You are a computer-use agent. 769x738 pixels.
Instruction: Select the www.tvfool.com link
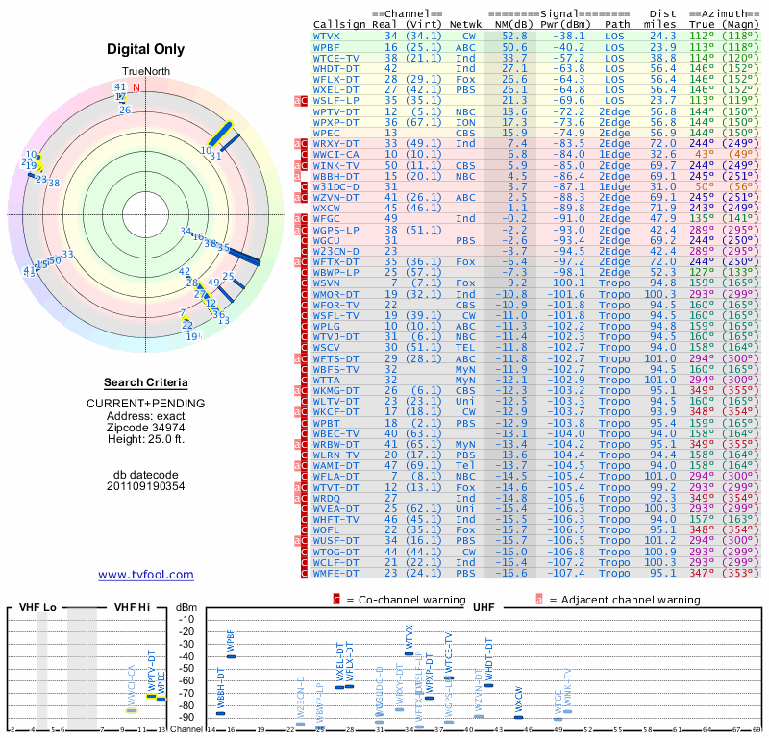click(145, 575)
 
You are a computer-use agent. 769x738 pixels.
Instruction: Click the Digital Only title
click(145, 49)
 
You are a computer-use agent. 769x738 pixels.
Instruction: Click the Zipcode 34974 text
click(145, 428)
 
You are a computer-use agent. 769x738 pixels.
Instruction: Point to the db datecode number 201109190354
click(145, 485)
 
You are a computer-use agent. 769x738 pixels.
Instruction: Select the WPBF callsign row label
click(327, 46)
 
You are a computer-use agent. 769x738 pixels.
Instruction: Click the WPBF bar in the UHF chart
click(231, 656)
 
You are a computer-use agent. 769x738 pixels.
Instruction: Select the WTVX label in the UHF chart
click(409, 638)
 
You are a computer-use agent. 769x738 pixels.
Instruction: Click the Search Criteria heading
click(145, 382)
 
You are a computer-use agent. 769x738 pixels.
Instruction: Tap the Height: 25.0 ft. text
click(145, 439)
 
